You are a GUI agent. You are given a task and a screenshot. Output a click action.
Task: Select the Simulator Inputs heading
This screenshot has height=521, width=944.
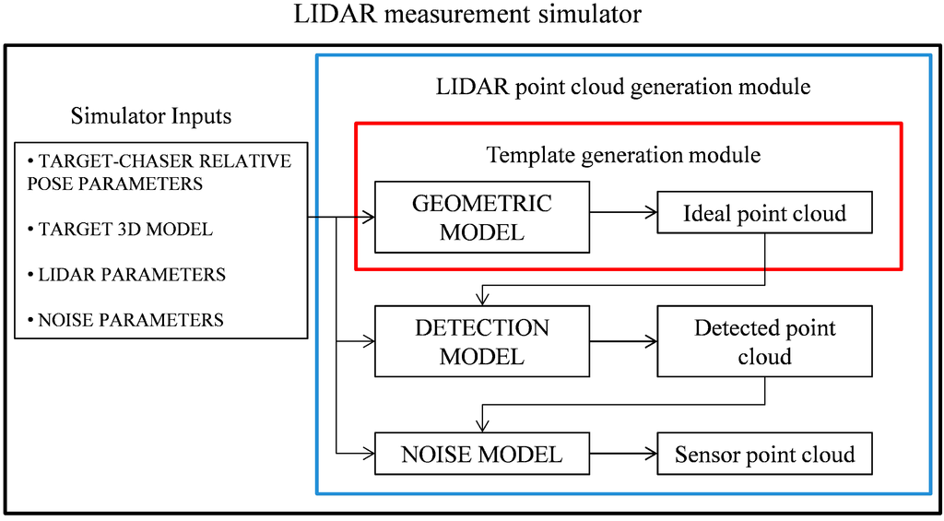point(151,116)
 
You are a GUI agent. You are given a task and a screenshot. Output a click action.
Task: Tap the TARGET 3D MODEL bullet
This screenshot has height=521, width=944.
point(120,230)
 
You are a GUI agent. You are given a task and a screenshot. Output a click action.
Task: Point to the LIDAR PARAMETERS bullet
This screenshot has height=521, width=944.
point(126,275)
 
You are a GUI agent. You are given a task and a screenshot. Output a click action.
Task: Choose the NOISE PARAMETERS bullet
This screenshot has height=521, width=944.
point(125,320)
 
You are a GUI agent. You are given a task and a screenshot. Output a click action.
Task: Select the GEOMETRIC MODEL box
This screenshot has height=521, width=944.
point(482,218)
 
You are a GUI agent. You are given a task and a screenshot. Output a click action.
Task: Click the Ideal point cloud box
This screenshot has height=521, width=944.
point(764,214)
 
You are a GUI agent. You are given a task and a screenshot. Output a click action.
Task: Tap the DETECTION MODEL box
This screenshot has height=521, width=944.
point(482,341)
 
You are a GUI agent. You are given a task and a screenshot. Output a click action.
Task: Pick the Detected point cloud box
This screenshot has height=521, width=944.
point(764,341)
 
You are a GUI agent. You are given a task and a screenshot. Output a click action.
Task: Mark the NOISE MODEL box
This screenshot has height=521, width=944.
point(482,455)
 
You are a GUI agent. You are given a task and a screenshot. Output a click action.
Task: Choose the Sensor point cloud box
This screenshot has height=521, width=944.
point(764,455)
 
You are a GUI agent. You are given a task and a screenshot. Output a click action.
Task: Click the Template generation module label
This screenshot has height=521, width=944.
point(623,154)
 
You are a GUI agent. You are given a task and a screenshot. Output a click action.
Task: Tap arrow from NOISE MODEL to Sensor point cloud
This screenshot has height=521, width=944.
point(623,455)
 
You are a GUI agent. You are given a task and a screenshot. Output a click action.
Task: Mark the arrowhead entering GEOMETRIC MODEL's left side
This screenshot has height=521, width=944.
point(369,218)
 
